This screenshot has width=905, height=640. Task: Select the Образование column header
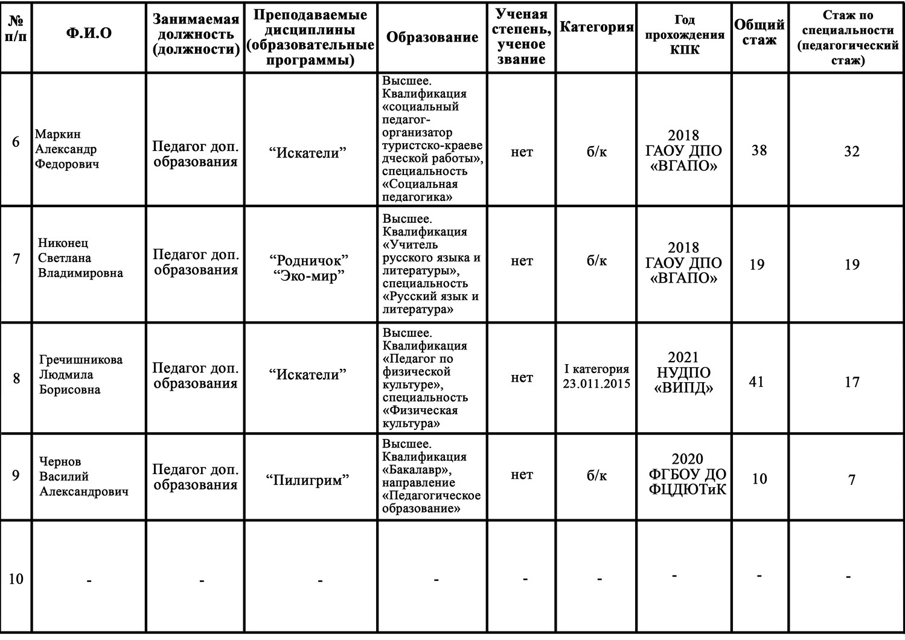pos(432,37)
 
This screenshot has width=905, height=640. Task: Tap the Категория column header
pos(596,27)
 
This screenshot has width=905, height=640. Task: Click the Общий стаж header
pos(759,33)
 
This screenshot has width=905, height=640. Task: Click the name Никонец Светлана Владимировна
pos(80,258)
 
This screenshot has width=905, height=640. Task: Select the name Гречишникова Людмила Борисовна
pos(80,374)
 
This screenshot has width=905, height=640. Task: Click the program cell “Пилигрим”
pos(308,481)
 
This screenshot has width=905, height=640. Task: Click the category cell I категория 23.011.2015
pos(596,377)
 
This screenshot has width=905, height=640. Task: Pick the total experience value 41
pos(756,382)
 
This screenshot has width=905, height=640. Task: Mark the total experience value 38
pos(759,150)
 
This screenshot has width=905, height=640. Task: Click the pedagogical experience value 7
pos(851,480)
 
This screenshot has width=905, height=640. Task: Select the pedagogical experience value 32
pos(851,152)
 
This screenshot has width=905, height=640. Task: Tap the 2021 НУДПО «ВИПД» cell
pos(683,373)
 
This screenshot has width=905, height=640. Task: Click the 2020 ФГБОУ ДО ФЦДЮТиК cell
pos(687,475)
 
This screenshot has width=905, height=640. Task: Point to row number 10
pos(16,579)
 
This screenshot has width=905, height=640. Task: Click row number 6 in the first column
pos(16,142)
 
